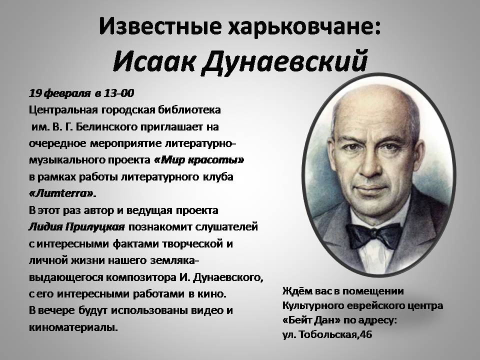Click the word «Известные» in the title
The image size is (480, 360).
click(160, 26)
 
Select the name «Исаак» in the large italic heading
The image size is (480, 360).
click(153, 60)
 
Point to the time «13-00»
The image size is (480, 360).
click(119, 93)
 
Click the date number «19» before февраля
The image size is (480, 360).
click(35, 93)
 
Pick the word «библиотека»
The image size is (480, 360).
click(189, 110)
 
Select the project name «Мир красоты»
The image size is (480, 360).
click(199, 160)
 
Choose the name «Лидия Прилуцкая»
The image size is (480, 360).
click(77, 227)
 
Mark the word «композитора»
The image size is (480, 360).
click(141, 277)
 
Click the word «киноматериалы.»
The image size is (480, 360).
click(73, 327)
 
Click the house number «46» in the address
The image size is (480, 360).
click(366, 334)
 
